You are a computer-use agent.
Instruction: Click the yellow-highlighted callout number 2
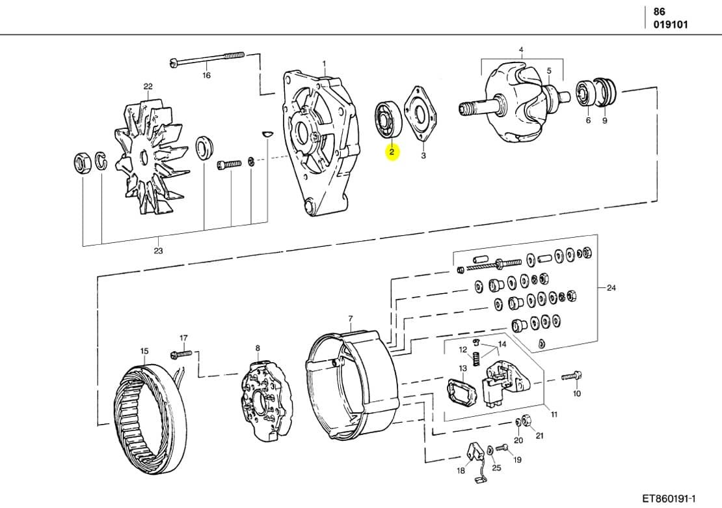(x=392, y=152)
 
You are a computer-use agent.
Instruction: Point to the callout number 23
(x=158, y=251)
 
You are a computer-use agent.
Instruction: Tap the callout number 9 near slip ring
(x=604, y=120)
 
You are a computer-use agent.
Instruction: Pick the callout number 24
(x=611, y=288)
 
